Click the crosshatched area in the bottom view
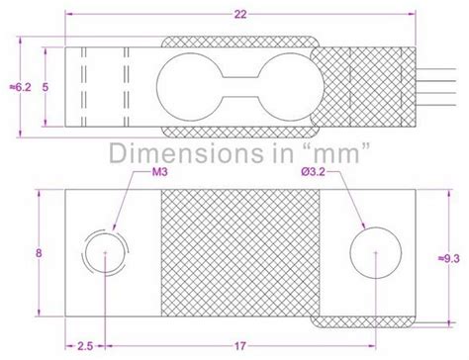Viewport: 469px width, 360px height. (237, 252)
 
